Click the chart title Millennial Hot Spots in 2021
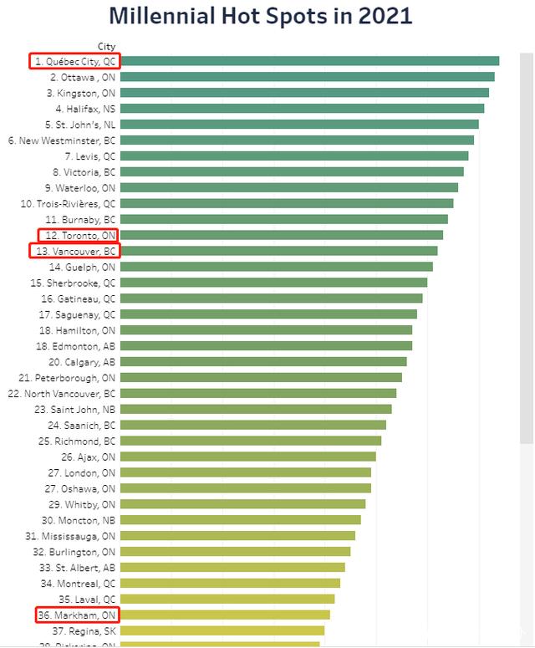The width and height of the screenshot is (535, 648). tap(261, 16)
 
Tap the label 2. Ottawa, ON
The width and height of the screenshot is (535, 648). tap(83, 77)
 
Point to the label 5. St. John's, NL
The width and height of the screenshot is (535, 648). tap(81, 125)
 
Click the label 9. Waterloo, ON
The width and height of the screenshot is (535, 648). tap(80, 188)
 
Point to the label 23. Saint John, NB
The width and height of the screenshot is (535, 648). tap(75, 410)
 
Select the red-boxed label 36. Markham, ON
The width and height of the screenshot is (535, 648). tap(77, 615)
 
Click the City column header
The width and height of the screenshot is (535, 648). tap(106, 47)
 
